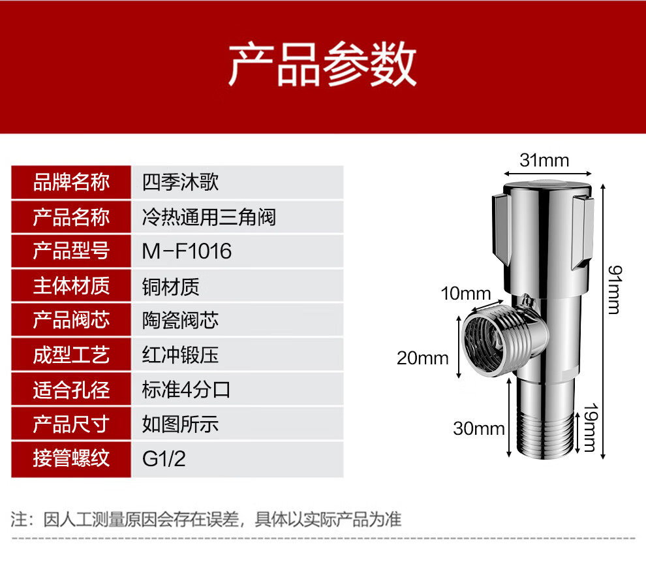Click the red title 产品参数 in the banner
[322, 64]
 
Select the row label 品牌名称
[71, 182]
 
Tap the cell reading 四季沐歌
[180, 182]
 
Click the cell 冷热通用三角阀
[209, 217]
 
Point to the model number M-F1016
[187, 251]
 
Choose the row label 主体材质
[71, 286]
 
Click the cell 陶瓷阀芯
[180, 321]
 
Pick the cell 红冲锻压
[180, 355]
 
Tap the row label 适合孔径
[71, 390]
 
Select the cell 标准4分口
[186, 390]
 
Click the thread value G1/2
[164, 459]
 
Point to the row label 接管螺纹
[71, 458]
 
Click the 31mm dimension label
[544, 161]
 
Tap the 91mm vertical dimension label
[614, 290]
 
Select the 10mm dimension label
[466, 294]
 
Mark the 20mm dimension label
[423, 358]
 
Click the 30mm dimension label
[479, 428]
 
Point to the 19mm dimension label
[591, 428]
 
